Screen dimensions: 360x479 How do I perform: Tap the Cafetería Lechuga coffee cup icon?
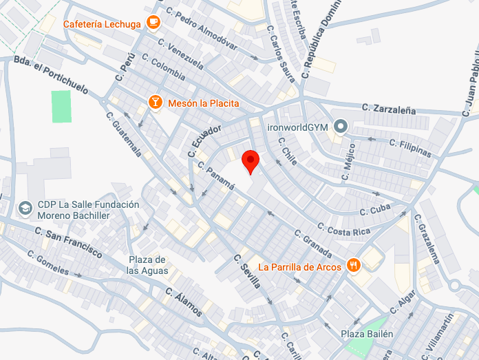coord(153,23)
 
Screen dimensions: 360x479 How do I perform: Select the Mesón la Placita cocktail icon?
coord(156,103)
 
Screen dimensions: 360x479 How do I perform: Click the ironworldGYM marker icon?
coord(340,127)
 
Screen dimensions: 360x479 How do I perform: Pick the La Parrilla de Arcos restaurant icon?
coord(354,266)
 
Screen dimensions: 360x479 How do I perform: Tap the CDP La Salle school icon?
coord(25,207)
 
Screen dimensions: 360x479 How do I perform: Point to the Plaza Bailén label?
coord(368,334)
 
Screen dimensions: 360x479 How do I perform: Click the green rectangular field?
coord(62,107)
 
